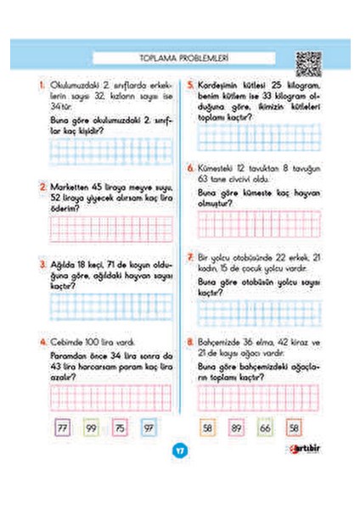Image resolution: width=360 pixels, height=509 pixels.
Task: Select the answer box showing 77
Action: coord(63,429)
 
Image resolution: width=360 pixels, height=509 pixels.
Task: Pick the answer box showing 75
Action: coord(121,429)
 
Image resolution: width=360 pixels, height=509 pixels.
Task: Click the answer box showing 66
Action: coord(266,429)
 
